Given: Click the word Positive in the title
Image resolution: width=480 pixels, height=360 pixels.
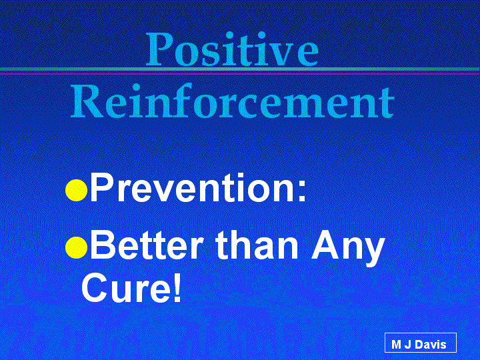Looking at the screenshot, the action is (233, 49).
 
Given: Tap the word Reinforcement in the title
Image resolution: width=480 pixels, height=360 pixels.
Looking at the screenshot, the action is (233, 101).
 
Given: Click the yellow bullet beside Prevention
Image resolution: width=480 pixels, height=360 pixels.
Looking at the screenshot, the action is (77, 190).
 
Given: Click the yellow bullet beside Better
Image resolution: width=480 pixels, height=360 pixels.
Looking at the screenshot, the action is (77, 247).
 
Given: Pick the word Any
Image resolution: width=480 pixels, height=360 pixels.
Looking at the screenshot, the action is (348, 249).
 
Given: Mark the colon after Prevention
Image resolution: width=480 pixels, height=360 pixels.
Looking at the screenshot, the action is (301, 191).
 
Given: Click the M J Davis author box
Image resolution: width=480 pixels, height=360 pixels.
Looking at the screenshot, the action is (420, 343).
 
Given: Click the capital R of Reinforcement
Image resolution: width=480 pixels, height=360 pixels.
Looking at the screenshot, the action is (86, 102).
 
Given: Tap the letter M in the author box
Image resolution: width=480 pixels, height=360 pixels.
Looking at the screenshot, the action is (397, 345).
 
